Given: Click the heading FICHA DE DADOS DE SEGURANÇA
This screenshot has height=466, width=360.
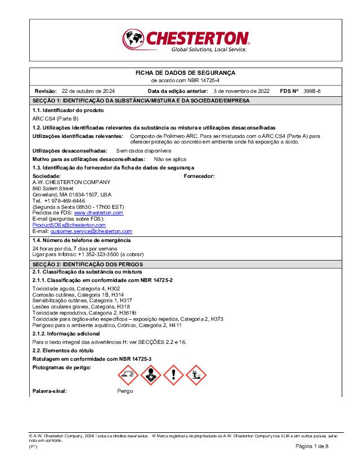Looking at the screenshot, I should [186, 73].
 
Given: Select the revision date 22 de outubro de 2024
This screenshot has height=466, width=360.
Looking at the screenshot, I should [88, 91].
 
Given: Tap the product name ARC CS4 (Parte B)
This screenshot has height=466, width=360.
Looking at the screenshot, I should [55, 119].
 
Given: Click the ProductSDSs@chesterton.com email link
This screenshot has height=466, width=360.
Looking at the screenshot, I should [69, 225].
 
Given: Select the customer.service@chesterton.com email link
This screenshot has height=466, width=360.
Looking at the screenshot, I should [91, 231].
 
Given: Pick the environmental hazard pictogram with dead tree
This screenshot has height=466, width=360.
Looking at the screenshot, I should [197, 373].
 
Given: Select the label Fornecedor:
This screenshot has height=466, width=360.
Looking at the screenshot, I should [199, 176].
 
